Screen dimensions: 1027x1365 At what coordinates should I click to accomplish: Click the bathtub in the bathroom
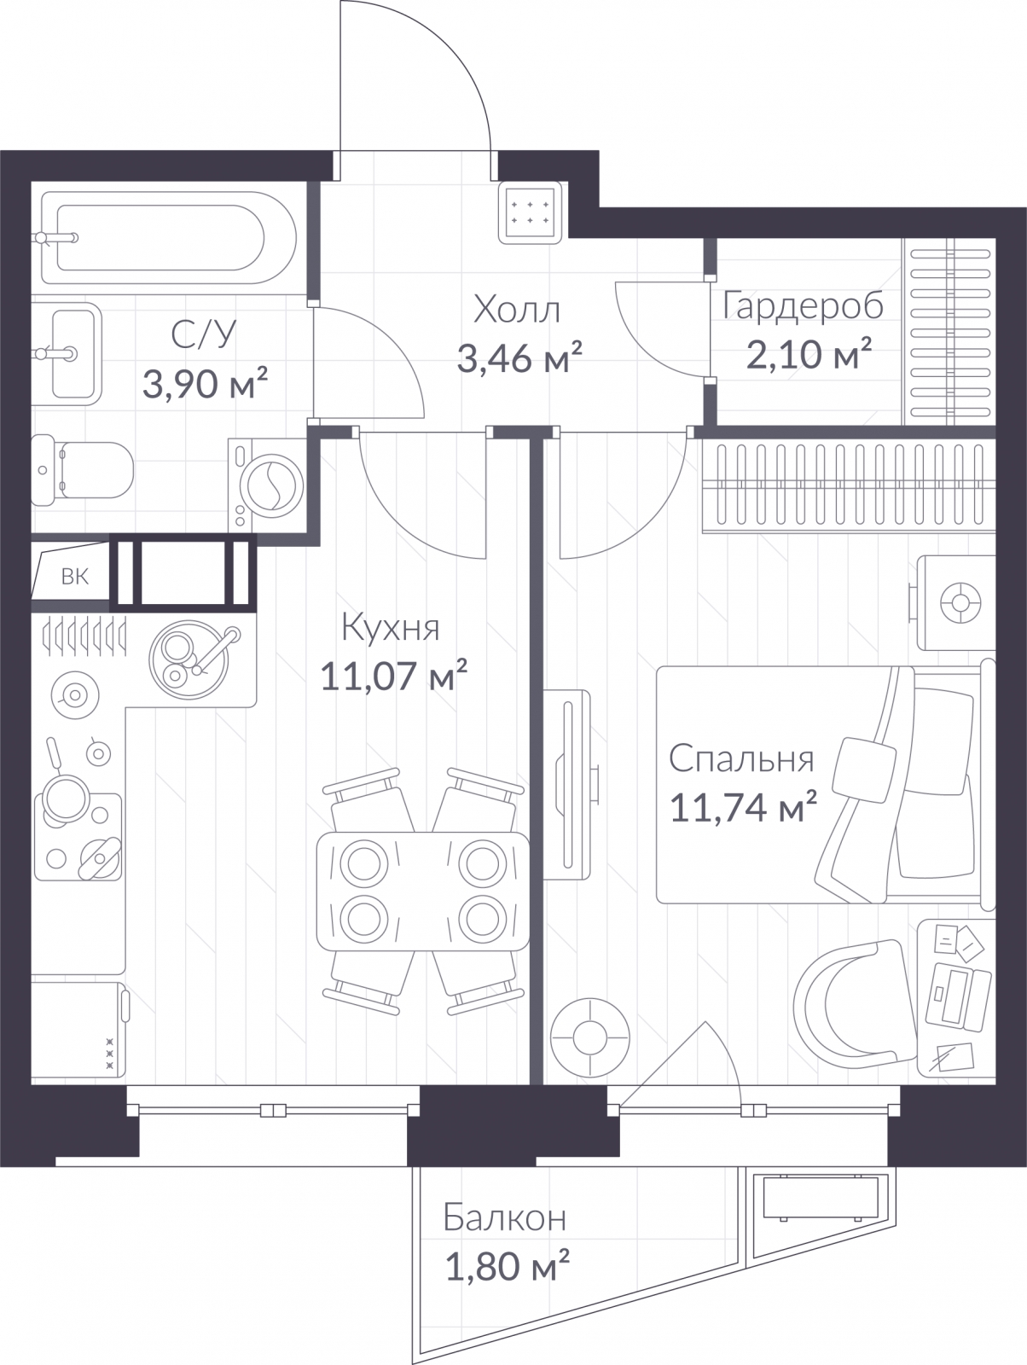(169, 237)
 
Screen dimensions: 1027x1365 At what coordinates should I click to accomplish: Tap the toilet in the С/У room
(82, 470)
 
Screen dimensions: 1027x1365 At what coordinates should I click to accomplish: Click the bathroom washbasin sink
(67, 354)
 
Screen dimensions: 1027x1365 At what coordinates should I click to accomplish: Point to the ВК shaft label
(74, 577)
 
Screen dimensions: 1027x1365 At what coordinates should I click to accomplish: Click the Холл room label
(517, 309)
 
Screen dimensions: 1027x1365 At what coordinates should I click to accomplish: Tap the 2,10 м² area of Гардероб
(809, 354)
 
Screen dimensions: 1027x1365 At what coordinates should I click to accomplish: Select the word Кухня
(391, 628)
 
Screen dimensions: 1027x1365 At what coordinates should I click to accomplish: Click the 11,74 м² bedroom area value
(743, 807)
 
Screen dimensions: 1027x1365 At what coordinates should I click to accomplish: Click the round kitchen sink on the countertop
(189, 659)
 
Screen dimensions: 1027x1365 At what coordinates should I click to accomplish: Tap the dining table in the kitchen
(423, 892)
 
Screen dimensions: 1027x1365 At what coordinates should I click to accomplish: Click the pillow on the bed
(864, 770)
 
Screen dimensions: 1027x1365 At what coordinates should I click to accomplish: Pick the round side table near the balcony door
(590, 1038)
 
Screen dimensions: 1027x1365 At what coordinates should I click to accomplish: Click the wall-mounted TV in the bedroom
(566, 785)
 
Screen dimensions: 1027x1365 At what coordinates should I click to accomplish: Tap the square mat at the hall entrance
(531, 212)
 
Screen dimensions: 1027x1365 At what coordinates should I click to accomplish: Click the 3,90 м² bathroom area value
(206, 383)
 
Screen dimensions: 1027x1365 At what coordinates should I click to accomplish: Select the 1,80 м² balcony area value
(508, 1266)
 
